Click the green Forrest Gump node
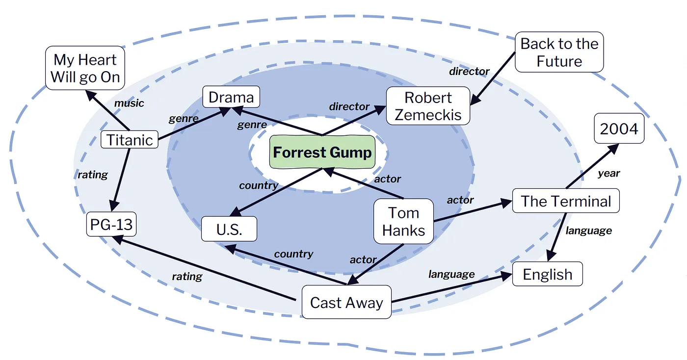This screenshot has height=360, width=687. click(x=322, y=153)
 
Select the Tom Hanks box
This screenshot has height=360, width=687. click(x=403, y=221)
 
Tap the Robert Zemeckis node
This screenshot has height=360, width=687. click(x=428, y=106)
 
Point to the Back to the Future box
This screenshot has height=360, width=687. click(x=559, y=52)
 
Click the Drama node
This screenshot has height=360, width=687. click(x=231, y=97)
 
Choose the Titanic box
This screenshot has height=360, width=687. click(x=130, y=140)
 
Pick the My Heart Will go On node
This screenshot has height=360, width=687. click(x=85, y=68)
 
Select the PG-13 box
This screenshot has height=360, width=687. click(x=111, y=225)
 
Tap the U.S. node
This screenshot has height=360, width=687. click(x=229, y=229)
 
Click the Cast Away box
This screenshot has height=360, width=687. click(x=346, y=302)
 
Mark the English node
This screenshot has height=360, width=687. click(x=548, y=274)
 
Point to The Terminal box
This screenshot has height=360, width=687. click(x=566, y=201)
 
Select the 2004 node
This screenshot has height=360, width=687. click(x=619, y=129)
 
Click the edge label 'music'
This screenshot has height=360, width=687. click(x=129, y=103)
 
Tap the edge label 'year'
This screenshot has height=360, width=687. click(x=608, y=173)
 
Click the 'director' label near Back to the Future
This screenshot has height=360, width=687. click(x=470, y=72)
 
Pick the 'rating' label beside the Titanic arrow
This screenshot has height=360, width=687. click(x=93, y=174)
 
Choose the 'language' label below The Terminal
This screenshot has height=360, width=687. click(x=589, y=230)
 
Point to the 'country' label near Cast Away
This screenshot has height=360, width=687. click(x=293, y=254)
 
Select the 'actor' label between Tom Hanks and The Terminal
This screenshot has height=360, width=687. click(x=460, y=200)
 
